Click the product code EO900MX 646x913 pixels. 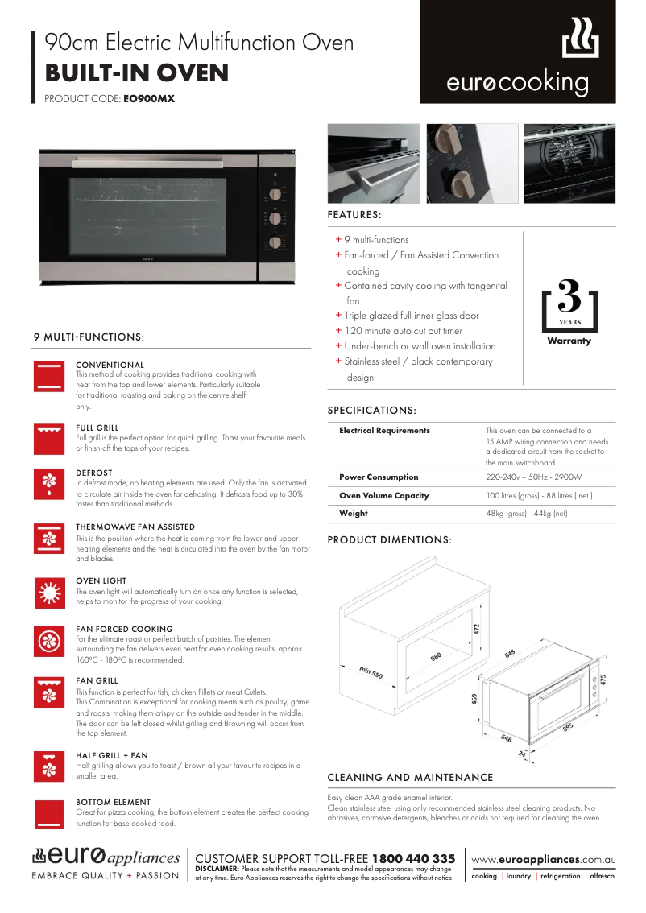click(x=148, y=100)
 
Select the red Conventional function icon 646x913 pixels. click(x=50, y=376)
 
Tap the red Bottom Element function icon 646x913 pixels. click(x=50, y=813)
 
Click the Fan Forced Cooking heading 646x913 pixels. click(x=124, y=629)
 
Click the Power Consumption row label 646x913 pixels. click(x=379, y=477)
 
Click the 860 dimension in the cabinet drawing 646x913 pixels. click(x=436, y=656)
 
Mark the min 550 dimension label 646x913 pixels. click(x=371, y=672)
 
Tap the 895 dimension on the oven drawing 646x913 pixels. click(x=568, y=728)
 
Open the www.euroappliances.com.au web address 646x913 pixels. click(x=543, y=860)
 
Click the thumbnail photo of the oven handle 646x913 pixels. click(x=374, y=163)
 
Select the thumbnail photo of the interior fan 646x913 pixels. click(x=569, y=163)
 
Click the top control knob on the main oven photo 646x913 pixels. click(x=275, y=194)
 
